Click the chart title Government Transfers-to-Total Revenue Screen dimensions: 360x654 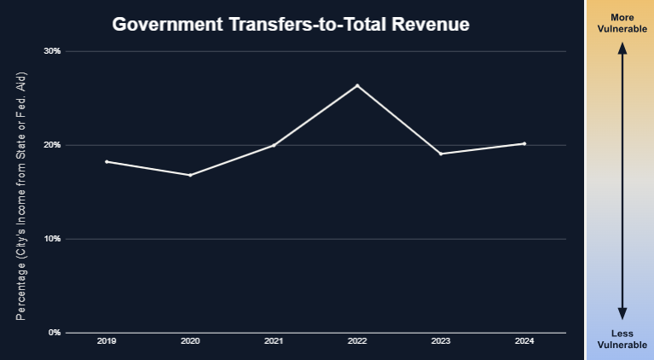click(x=291, y=25)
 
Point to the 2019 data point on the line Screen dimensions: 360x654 click(x=107, y=161)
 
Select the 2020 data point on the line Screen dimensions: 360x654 click(x=190, y=175)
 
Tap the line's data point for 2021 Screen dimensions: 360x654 click(x=274, y=145)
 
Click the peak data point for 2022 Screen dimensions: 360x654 click(x=357, y=85)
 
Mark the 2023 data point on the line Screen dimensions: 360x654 click(x=441, y=154)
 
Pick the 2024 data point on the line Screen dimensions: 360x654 click(x=524, y=143)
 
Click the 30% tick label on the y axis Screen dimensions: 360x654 click(x=53, y=51)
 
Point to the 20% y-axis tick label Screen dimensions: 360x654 click(x=53, y=145)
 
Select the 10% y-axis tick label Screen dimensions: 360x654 click(x=53, y=239)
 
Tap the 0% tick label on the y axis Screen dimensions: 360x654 click(x=55, y=333)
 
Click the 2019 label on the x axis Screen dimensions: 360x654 click(x=107, y=341)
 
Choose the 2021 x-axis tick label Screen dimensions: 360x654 click(x=274, y=341)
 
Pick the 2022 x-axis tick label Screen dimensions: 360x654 click(x=357, y=341)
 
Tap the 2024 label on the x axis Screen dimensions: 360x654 click(x=524, y=341)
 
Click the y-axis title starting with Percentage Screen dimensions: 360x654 click(x=21, y=196)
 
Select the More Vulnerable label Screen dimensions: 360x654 click(x=622, y=24)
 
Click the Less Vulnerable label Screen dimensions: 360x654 click(x=622, y=338)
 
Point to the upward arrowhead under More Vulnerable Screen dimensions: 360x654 click(x=622, y=49)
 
